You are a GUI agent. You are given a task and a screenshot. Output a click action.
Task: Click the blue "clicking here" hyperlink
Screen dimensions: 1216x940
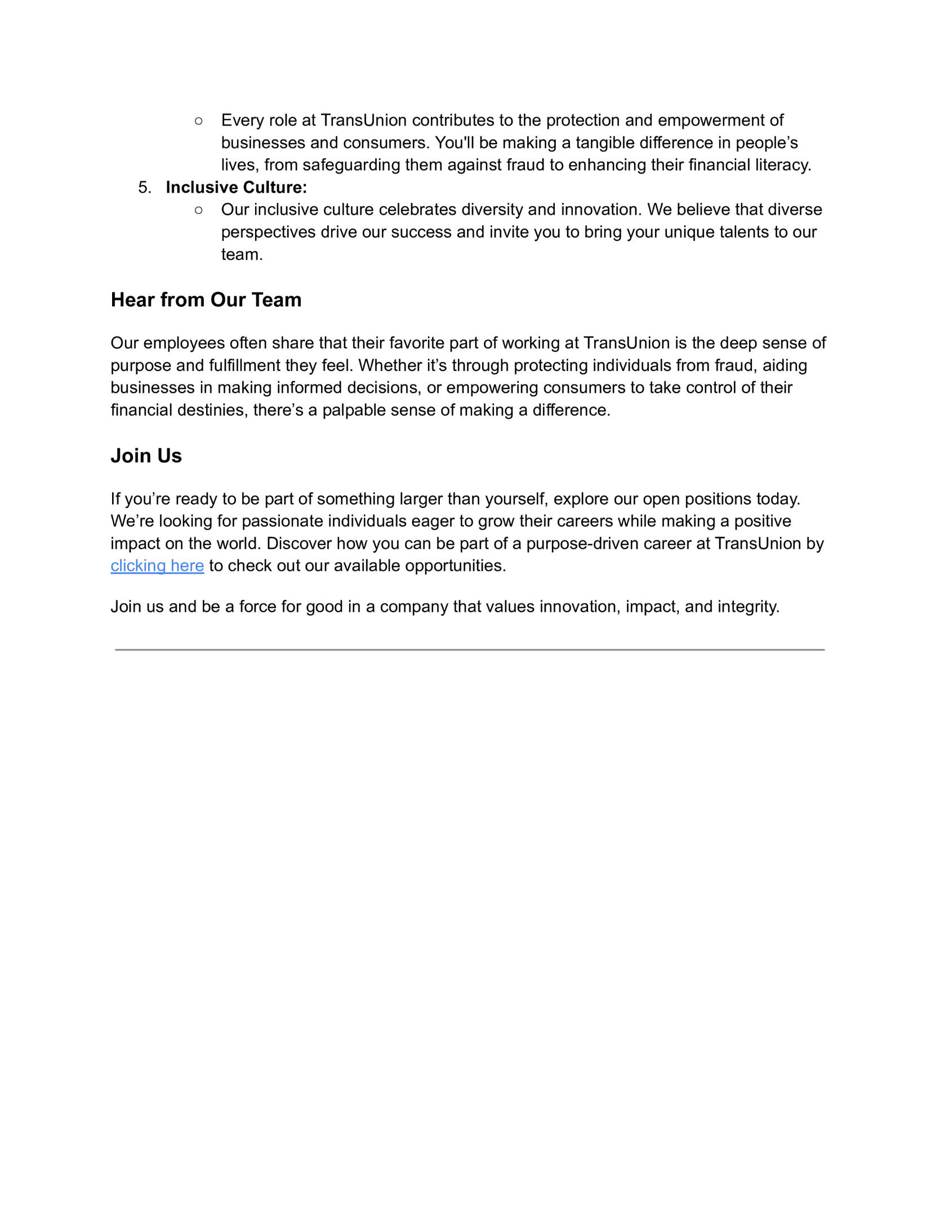coord(157,566)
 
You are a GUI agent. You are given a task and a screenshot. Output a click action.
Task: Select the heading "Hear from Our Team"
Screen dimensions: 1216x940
coord(206,300)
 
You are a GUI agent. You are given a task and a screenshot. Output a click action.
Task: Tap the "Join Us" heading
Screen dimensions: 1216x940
coord(146,456)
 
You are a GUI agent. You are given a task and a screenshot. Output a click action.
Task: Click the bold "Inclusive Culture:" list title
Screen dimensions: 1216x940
coord(237,187)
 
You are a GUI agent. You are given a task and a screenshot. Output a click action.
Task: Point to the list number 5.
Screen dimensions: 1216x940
coord(144,187)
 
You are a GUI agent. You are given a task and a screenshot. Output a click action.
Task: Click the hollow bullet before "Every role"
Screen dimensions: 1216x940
coord(198,120)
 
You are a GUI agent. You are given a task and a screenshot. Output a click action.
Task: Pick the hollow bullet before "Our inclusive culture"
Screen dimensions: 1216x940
coord(198,210)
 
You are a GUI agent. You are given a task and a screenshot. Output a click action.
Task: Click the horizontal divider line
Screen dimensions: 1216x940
coord(470,650)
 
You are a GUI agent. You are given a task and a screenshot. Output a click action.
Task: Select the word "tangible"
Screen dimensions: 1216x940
coord(605,143)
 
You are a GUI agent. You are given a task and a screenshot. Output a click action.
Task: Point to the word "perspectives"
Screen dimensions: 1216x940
coord(268,233)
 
